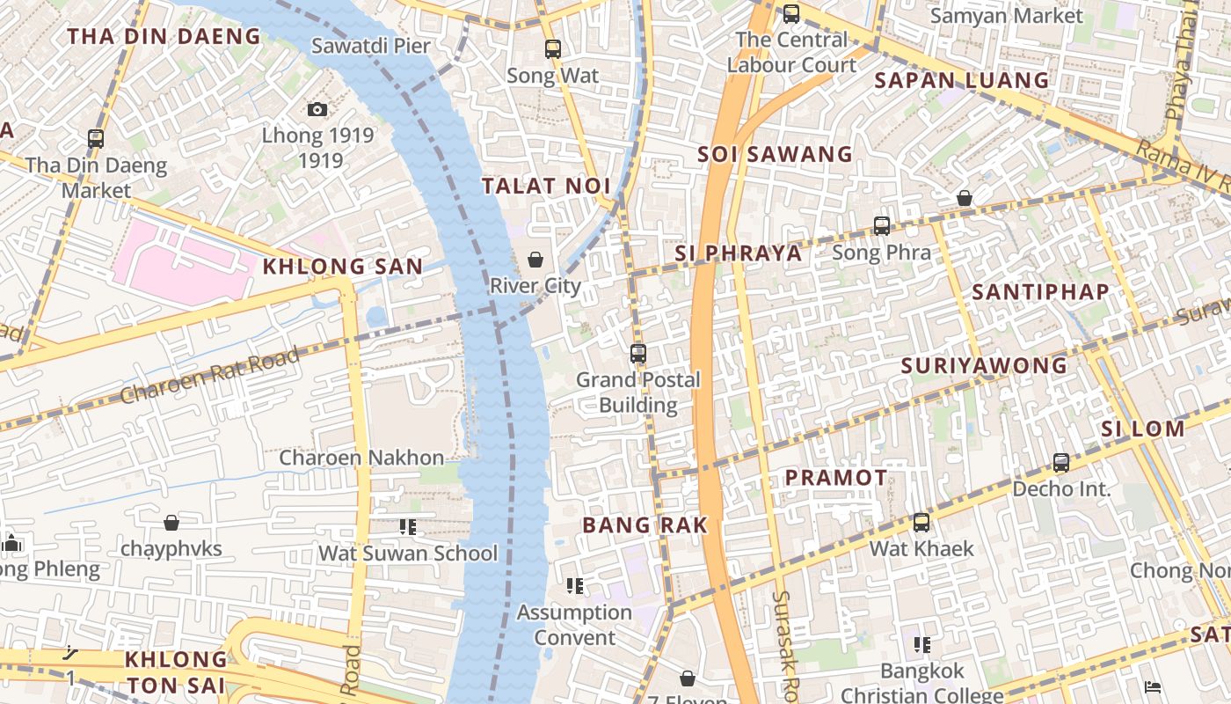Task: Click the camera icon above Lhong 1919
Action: pos(317,109)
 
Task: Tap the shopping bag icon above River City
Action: pos(535,260)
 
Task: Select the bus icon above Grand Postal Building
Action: pos(638,354)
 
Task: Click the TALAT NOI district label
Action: pos(546,186)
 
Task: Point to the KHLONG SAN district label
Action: pos(343,267)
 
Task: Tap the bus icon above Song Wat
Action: pos(552,49)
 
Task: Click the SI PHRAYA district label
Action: pos(738,253)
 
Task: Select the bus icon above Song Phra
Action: pos(881,226)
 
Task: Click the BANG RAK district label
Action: pos(645,525)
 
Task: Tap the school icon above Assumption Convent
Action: pos(575,586)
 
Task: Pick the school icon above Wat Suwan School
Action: pos(407,527)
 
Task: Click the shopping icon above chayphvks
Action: pos(171,523)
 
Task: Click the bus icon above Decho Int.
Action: pos(1061,463)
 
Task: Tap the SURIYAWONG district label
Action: pos(984,365)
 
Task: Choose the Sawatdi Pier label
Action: pos(370,46)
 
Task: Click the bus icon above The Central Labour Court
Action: pos(790,13)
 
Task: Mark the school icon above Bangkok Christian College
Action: pos(921,645)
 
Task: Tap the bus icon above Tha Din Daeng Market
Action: pos(96,139)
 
